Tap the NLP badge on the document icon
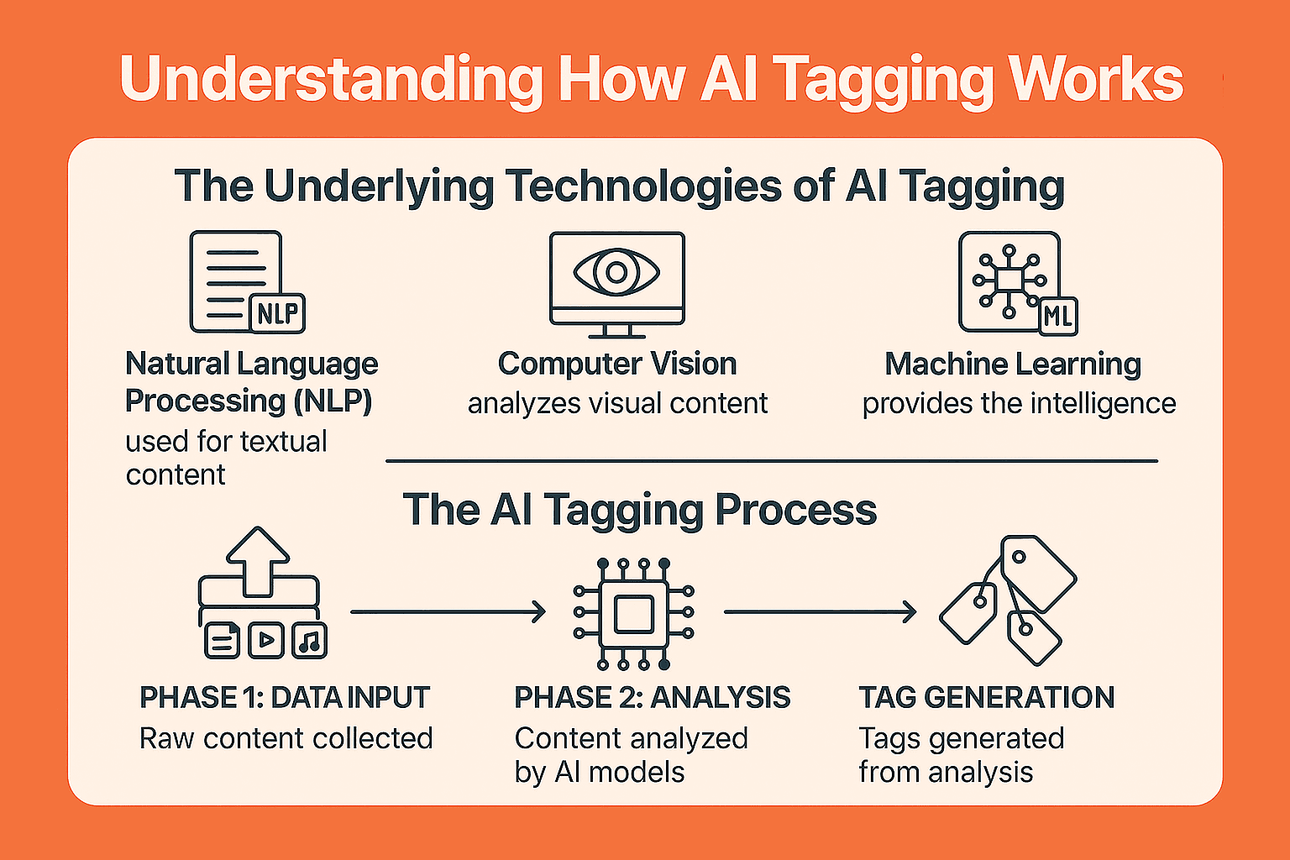(278, 314)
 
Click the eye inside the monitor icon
(616, 272)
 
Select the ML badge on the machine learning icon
(1058, 317)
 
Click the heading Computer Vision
(617, 364)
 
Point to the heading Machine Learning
(1013, 364)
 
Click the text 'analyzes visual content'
(617, 403)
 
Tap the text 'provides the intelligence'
(1019, 403)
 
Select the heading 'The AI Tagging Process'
(639, 510)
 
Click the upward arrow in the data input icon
(258, 561)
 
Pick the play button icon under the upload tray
(266, 640)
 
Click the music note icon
(310, 640)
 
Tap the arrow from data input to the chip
(448, 611)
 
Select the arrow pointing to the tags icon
(820, 611)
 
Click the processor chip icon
(633, 614)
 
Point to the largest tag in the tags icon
(1038, 574)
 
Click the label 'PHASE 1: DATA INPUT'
(285, 698)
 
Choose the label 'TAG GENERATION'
(987, 698)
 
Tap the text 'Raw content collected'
(286, 738)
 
